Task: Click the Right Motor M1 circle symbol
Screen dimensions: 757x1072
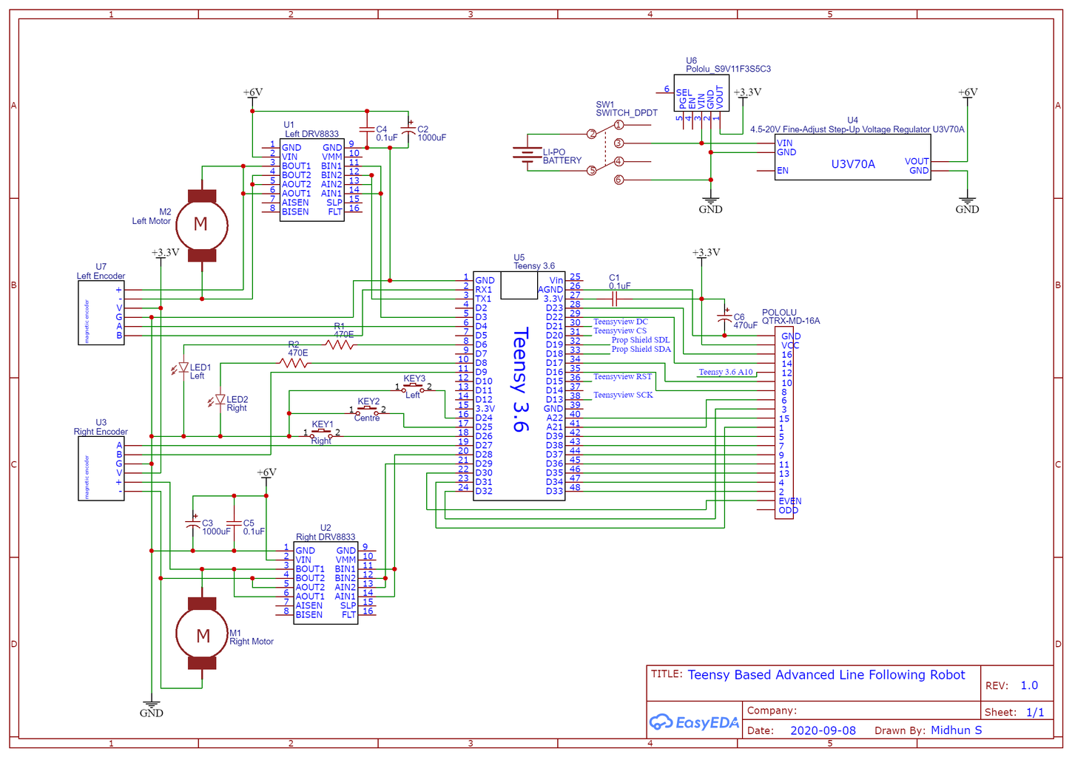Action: (202, 635)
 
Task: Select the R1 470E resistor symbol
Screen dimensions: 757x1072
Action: (340, 344)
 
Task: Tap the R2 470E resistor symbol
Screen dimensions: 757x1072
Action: (294, 363)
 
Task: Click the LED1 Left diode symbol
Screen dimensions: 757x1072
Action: (183, 367)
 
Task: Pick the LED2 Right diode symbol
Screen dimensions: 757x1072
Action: (220, 400)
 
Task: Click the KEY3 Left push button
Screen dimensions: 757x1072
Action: (413, 387)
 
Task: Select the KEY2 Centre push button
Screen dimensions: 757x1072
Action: (368, 410)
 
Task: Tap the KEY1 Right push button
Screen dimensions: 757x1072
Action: (321, 433)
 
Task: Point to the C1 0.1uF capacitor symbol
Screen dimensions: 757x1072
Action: (614, 299)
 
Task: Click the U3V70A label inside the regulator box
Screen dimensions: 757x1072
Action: (852, 164)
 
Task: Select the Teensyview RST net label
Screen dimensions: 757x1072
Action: (622, 376)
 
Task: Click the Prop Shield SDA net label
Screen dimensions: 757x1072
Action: (641, 349)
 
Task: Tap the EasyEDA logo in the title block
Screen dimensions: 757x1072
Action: (694, 722)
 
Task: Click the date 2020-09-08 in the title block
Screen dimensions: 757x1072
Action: (823, 730)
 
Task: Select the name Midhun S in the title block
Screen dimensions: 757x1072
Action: (956, 730)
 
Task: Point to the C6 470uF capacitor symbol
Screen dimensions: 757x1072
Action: (724, 319)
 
